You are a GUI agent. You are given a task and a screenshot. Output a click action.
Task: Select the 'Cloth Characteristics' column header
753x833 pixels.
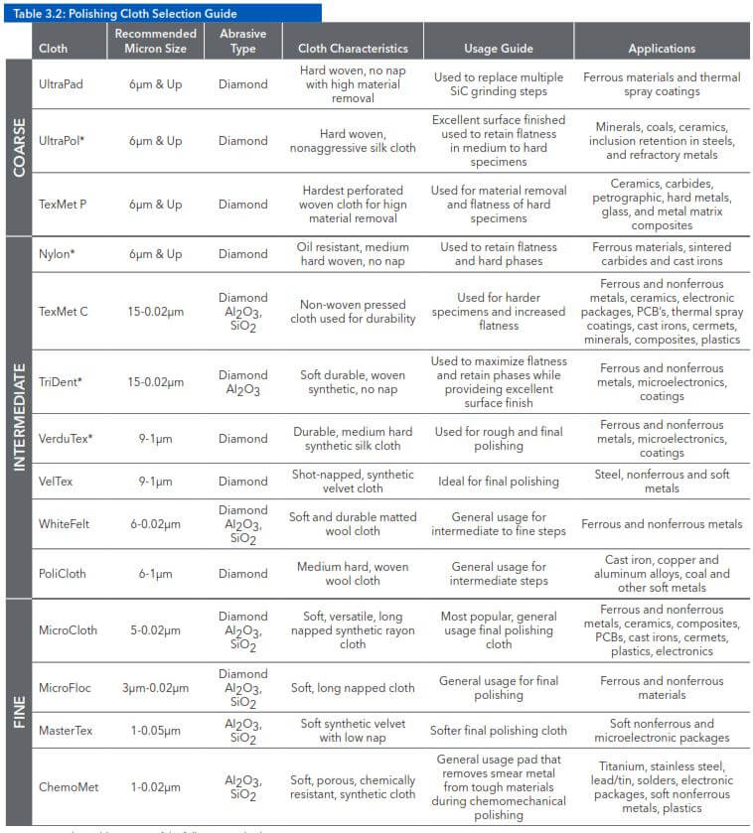click(x=353, y=48)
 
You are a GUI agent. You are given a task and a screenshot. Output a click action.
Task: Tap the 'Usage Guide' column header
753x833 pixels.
click(x=498, y=48)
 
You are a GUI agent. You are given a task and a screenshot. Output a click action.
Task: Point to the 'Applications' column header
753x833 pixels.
click(x=661, y=48)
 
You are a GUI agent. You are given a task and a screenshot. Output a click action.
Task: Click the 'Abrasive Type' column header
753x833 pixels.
click(x=243, y=41)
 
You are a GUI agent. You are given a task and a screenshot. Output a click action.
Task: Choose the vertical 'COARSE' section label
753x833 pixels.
click(x=19, y=147)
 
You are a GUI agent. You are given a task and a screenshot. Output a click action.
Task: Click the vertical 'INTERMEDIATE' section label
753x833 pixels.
click(x=19, y=416)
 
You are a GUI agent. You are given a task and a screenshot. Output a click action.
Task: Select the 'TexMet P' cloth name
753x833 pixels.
click(x=63, y=205)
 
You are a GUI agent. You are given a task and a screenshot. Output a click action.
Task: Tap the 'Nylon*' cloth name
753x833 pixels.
click(x=58, y=254)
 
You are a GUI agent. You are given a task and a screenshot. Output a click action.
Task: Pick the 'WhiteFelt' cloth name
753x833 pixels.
click(x=66, y=523)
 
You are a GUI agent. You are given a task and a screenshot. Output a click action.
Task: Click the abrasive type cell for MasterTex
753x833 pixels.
click(x=243, y=731)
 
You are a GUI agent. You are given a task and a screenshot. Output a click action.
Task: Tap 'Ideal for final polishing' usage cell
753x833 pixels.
click(x=499, y=482)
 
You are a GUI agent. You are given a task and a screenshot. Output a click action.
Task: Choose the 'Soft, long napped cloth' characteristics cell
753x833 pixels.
click(x=353, y=687)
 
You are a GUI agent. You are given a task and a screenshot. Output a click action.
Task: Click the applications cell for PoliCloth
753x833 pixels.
click(x=661, y=573)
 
